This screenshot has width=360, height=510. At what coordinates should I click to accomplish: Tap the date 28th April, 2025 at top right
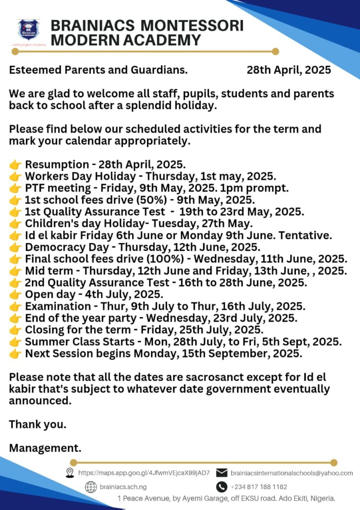(289, 70)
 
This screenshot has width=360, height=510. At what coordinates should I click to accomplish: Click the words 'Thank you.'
(38, 425)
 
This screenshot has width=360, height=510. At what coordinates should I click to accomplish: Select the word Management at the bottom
(43, 448)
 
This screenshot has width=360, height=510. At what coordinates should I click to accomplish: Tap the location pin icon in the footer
(70, 473)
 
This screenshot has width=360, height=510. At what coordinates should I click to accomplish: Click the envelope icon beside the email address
(222, 473)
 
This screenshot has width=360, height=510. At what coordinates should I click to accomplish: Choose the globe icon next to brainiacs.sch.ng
(90, 487)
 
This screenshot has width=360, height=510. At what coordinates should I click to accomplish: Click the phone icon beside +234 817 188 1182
(222, 487)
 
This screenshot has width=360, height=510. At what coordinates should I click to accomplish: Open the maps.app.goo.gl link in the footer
(144, 473)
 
